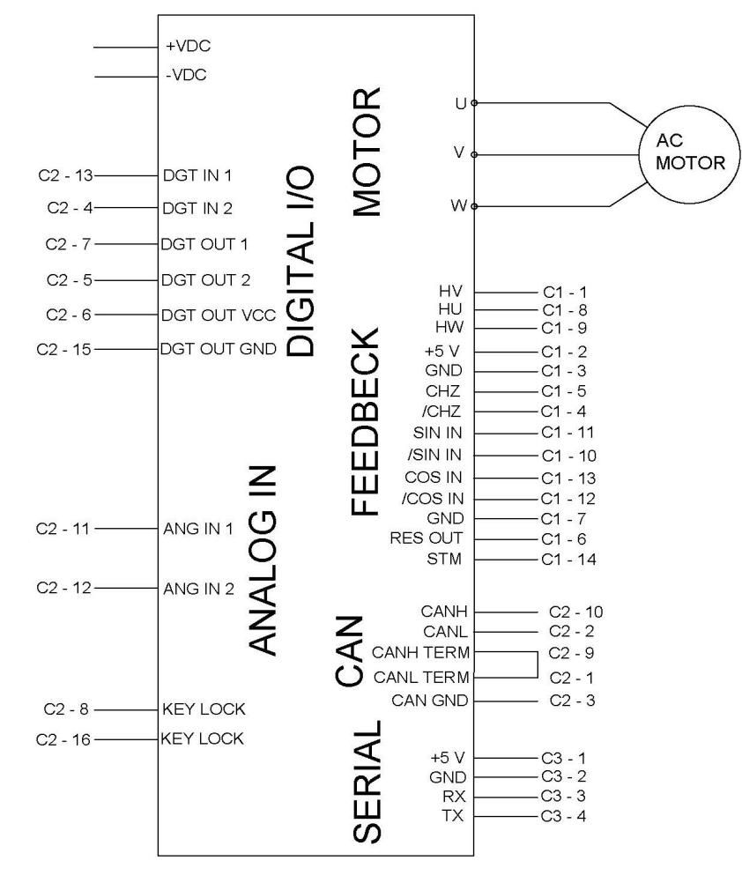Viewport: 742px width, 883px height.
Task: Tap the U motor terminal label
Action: [459, 102]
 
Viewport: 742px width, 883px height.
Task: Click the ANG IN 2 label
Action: [198, 588]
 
